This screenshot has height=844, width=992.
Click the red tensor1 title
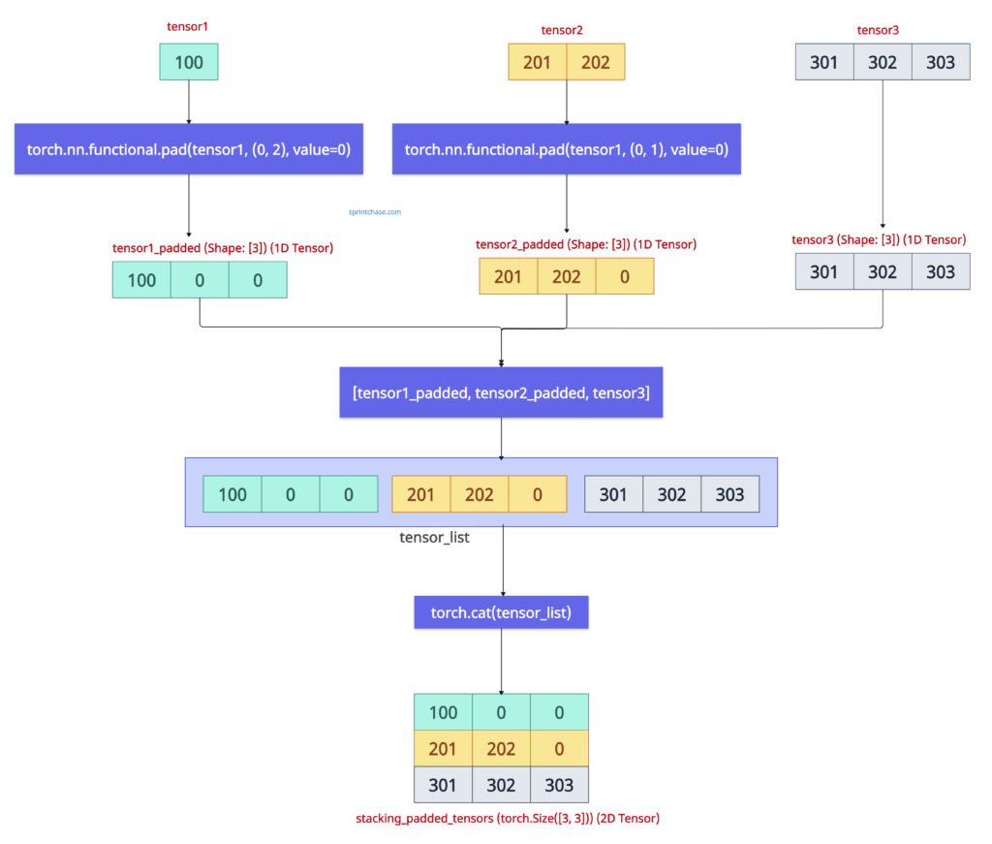(187, 27)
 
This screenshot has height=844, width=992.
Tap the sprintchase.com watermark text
(375, 210)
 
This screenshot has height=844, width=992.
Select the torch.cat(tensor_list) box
(501, 612)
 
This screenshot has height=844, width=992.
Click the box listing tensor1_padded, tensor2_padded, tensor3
(501, 392)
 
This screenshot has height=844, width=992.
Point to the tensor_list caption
(434, 537)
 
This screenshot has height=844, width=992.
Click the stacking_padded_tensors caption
(508, 819)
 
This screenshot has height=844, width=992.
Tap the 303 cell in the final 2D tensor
(559, 785)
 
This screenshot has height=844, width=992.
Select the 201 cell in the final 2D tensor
(443, 749)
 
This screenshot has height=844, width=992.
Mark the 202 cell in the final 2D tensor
(501, 749)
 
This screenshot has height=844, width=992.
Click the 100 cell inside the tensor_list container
(232, 494)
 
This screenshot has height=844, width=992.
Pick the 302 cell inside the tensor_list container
(671, 494)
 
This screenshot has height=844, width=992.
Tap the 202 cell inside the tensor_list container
(479, 494)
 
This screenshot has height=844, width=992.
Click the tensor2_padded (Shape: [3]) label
(585, 244)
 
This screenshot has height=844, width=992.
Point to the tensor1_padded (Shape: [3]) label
(223, 248)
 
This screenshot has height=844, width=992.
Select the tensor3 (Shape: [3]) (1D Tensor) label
(879, 239)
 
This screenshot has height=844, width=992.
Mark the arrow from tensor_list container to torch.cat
(502, 561)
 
